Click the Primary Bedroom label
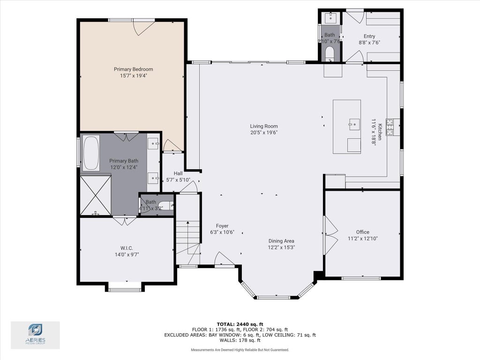134,69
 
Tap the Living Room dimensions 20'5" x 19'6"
264,133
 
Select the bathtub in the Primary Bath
91,153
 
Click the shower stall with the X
96,195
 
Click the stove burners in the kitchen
390,127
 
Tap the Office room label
363,232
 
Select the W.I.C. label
127,248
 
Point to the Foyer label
222,226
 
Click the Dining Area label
281,241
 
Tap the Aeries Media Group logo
35,335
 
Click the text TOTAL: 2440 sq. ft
240,324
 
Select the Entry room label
369,36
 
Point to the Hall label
178,173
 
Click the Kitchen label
380,132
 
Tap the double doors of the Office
330,235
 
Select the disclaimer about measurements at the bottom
240,350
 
